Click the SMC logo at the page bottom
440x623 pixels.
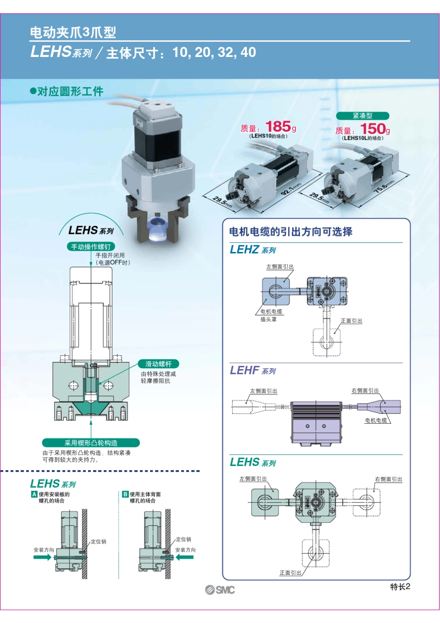point(220,590)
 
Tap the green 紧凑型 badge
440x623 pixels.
point(362,116)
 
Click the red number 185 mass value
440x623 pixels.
point(278,126)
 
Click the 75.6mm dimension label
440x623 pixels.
point(384,187)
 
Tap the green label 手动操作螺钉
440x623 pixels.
point(91,247)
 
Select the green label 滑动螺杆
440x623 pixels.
point(158,364)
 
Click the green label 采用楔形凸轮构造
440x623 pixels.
point(91,443)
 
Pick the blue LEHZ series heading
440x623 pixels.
point(252,250)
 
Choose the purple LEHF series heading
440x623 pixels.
point(252,371)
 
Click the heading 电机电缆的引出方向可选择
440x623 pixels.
point(291,232)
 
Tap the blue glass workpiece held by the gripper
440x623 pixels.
point(157,229)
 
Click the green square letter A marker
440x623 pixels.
point(34,494)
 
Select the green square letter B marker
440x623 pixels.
point(125,494)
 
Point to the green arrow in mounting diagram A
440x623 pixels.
point(42,557)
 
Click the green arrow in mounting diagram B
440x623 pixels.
point(184,557)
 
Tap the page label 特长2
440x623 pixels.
point(400,586)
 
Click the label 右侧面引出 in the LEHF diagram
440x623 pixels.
point(365,390)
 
